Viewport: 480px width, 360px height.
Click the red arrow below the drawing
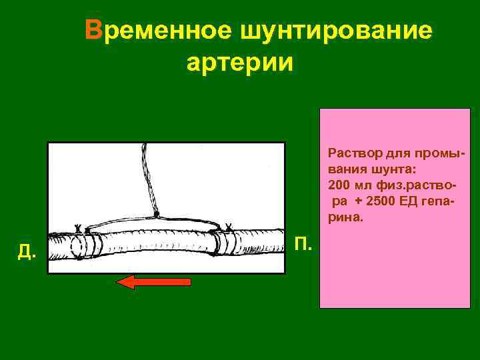coord(154,282)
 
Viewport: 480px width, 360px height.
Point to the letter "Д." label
coord(27,251)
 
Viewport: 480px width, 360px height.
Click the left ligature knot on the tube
coord(79,229)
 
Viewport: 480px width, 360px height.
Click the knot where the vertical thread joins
coord(157,215)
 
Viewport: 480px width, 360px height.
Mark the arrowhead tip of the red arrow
coord(118,282)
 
